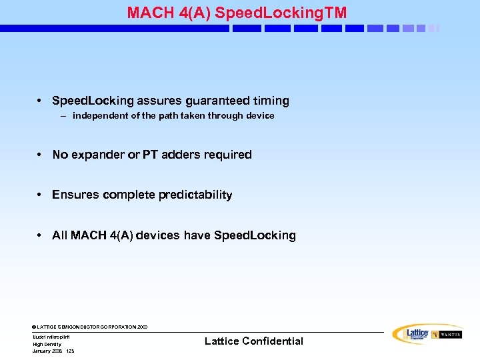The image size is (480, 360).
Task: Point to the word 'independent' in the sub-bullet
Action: click(99, 116)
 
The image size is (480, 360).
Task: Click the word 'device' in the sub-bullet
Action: click(260, 116)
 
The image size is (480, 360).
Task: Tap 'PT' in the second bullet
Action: click(150, 155)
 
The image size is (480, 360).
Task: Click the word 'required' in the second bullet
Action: click(227, 155)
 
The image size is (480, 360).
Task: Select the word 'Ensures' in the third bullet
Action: click(74, 195)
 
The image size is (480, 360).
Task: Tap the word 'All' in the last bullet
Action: click(59, 235)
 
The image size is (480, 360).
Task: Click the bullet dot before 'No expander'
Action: click(40, 155)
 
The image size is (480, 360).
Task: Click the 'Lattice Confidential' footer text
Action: click(253, 341)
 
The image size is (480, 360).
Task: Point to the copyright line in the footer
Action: click(90, 327)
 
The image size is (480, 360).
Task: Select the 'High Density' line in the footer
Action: click(47, 344)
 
